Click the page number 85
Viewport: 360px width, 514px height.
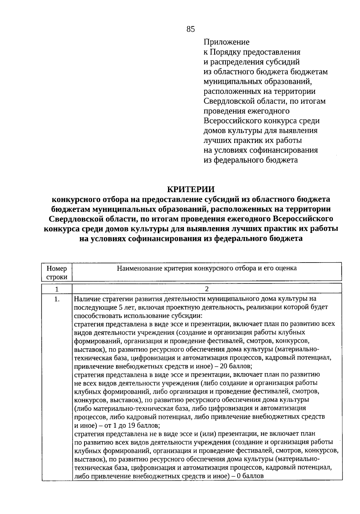tap(190, 29)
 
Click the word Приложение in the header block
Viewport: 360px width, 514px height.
tap(226, 42)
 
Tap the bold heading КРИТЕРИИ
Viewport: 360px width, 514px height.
tap(191, 189)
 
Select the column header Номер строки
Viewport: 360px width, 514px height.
tap(57, 272)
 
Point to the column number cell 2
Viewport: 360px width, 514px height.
tap(207, 289)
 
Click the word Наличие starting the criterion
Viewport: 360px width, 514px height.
tap(87, 299)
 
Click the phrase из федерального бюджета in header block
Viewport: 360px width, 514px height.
tap(251, 160)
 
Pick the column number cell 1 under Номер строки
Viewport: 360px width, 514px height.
tap(57, 289)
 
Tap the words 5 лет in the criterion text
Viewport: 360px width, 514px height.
tap(127, 307)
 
